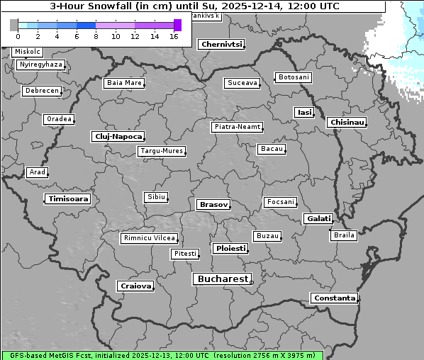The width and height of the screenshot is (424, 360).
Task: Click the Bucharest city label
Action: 223,279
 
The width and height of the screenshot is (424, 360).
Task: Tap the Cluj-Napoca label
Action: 118,136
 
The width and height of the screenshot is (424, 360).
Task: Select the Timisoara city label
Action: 68,199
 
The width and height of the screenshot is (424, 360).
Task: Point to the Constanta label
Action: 334,298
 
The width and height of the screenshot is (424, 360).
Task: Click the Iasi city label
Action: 303,112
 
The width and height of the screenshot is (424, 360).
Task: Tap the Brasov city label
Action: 213,204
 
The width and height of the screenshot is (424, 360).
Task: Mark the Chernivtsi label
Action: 222,44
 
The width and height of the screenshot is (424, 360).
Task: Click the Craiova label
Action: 135,286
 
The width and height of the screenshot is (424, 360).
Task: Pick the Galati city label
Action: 317,218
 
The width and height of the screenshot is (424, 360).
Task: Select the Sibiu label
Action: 155,197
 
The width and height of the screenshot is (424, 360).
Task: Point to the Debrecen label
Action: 41,91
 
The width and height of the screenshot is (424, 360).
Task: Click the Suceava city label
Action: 242,83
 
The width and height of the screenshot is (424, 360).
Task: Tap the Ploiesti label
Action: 230,249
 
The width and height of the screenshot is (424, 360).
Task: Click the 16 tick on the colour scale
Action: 174,36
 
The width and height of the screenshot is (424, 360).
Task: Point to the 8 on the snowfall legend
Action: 96,36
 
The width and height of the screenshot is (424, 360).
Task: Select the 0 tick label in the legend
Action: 18,36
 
